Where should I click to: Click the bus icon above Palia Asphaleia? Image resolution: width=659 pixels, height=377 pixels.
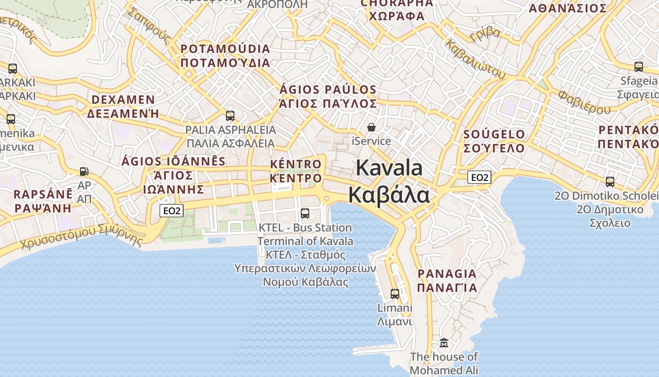(x=230, y=115)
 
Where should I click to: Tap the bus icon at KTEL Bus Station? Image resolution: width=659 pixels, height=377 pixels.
(x=305, y=213)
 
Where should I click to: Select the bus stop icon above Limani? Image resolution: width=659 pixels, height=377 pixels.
(x=395, y=294)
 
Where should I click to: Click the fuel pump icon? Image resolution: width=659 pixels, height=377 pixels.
(x=84, y=172)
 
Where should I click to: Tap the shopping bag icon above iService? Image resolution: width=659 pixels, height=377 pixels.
(x=371, y=127)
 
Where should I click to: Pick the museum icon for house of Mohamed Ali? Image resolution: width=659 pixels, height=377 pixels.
(x=443, y=343)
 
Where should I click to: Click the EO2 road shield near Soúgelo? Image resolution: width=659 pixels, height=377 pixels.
(x=479, y=177)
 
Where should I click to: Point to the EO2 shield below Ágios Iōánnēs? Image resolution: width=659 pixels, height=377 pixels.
(x=171, y=211)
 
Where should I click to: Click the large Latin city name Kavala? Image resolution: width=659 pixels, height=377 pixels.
(x=389, y=168)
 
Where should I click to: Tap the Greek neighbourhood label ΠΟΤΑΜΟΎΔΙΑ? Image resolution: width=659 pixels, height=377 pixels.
(x=225, y=63)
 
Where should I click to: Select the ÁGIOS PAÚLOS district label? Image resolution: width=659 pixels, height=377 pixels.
(x=328, y=90)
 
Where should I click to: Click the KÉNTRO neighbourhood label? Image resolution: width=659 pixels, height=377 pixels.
(x=296, y=164)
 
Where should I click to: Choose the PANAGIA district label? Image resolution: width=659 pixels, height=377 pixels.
(x=447, y=273)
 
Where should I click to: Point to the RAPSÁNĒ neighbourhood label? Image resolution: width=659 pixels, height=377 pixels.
(x=43, y=194)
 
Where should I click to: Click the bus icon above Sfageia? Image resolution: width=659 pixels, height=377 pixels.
(x=638, y=67)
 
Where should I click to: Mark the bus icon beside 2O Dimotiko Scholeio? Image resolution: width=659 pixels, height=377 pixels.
(x=610, y=181)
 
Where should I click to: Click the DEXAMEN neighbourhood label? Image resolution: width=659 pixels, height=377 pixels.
(x=123, y=100)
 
